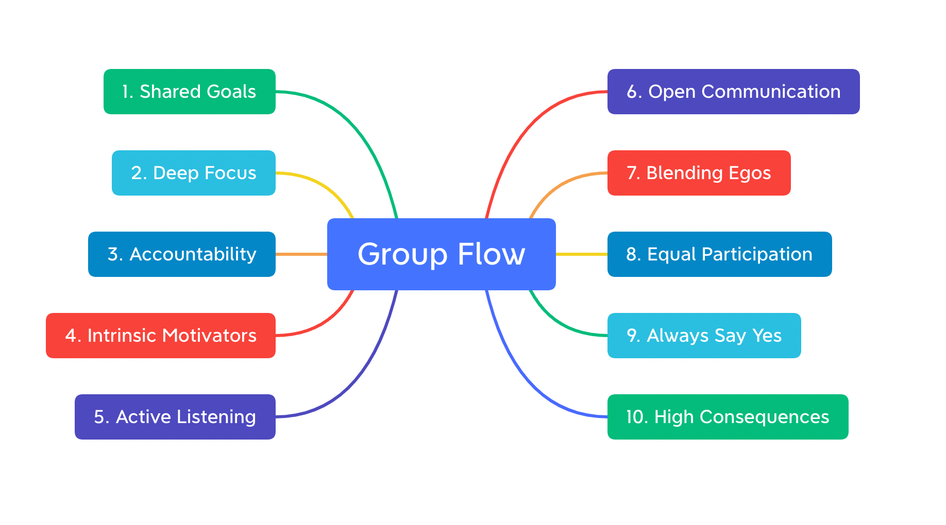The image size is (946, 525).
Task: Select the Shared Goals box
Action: coord(189,92)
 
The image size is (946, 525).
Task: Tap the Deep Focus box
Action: coord(193,173)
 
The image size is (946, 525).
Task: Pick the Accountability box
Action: coord(181,254)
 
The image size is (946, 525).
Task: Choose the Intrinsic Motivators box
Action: coord(160,336)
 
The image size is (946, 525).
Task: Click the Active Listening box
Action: coord(175,417)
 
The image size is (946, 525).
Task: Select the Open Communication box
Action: coord(733,92)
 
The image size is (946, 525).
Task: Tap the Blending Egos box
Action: coord(699,173)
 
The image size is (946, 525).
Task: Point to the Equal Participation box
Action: coord(719,254)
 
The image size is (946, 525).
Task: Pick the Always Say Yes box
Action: coord(704,336)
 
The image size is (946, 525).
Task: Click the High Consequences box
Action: coord(728,417)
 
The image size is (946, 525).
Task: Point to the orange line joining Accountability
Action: coord(301,254)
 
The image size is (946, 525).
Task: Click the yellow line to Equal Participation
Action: coord(581,254)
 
